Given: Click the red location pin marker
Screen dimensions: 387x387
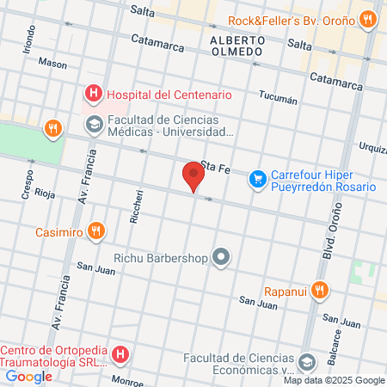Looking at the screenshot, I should pos(193,177).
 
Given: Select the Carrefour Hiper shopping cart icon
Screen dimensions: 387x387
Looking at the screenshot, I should pos(257,179).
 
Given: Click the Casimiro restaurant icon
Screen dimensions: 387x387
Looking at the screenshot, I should pos(96,231).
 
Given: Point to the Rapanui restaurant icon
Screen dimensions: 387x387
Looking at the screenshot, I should pos(321,290).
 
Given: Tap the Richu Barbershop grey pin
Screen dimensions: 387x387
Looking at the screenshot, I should pos(223,257).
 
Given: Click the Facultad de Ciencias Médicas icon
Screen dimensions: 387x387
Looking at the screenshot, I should pos(92,126).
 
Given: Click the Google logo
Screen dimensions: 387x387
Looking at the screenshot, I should pos(29,376).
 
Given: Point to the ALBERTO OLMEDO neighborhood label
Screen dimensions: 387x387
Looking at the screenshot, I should pos(236,46).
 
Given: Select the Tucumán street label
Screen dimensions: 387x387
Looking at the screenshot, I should pos(279,100).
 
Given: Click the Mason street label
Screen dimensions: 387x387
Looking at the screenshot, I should pos(52,64).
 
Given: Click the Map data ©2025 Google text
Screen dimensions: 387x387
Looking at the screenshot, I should pos(335,380).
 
